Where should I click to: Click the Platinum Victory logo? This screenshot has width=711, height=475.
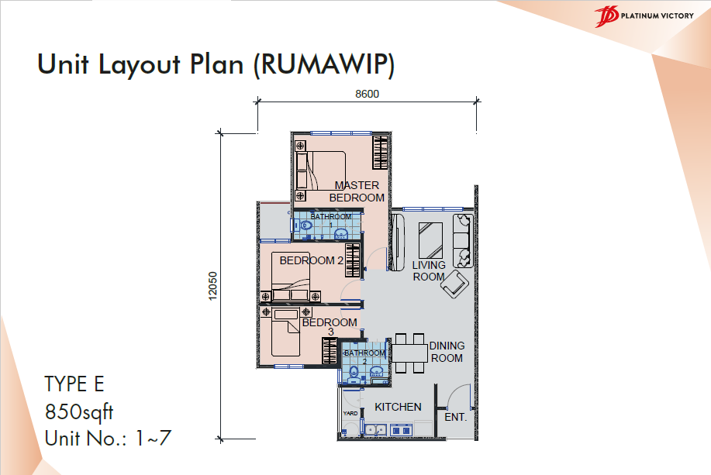(x=644, y=16)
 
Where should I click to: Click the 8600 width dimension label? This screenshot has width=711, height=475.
(x=367, y=94)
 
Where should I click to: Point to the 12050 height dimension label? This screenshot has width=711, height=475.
(x=212, y=286)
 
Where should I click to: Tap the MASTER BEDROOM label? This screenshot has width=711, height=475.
(x=357, y=191)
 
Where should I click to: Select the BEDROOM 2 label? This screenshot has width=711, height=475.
(x=311, y=260)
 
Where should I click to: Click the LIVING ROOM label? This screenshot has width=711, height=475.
(x=429, y=270)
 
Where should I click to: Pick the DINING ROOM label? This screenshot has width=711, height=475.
(x=447, y=352)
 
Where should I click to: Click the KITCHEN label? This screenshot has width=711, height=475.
(x=398, y=407)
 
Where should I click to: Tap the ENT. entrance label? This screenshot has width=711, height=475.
(x=455, y=417)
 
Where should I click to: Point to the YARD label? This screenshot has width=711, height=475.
(x=350, y=413)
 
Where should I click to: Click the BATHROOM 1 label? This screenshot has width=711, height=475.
(x=330, y=220)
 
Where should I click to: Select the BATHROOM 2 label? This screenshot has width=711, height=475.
(x=364, y=356)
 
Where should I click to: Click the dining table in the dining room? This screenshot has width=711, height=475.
(x=410, y=353)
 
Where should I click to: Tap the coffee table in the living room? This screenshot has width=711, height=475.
(x=431, y=240)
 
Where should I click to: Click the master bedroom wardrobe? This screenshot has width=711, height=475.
(x=380, y=153)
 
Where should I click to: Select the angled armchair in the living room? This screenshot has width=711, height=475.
(x=455, y=284)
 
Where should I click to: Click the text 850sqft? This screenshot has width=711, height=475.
(x=79, y=412)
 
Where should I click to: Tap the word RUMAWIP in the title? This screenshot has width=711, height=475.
(x=324, y=64)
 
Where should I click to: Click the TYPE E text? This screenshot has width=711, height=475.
(x=74, y=384)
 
